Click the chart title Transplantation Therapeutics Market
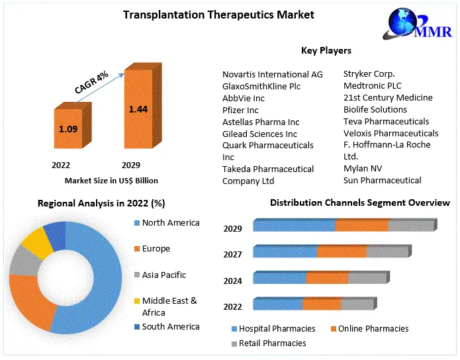(218, 15)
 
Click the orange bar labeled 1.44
(138, 111)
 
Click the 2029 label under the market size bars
(130, 165)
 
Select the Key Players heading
(326, 50)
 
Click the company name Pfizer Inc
(240, 110)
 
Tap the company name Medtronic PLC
(372, 85)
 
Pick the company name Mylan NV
(363, 168)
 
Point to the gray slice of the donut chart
(23, 260)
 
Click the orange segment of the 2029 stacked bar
(361, 226)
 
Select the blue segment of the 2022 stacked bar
(278, 304)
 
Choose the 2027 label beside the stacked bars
(233, 255)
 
